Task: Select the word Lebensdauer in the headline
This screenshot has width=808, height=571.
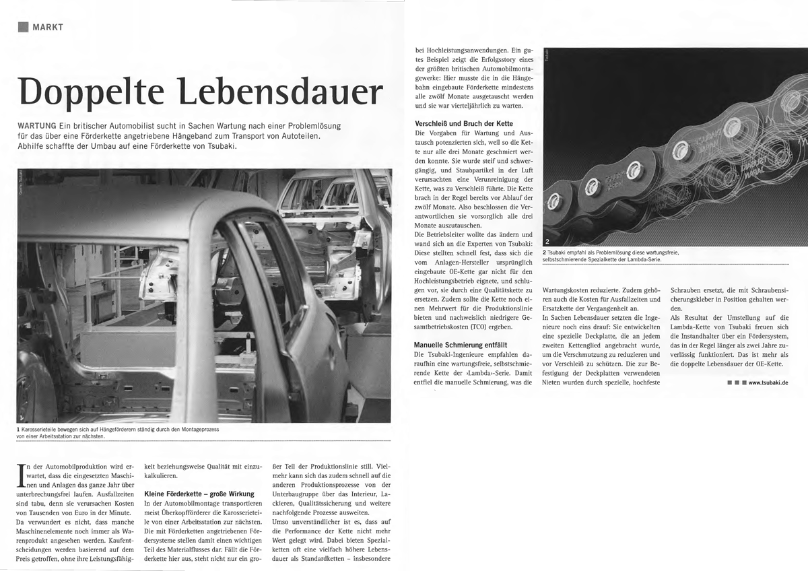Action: (x=283, y=93)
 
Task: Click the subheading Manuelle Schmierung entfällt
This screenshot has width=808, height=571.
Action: (x=459, y=345)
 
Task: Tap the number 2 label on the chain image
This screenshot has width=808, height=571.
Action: (x=547, y=241)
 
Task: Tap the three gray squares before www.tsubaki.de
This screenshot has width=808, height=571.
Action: (x=735, y=382)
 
